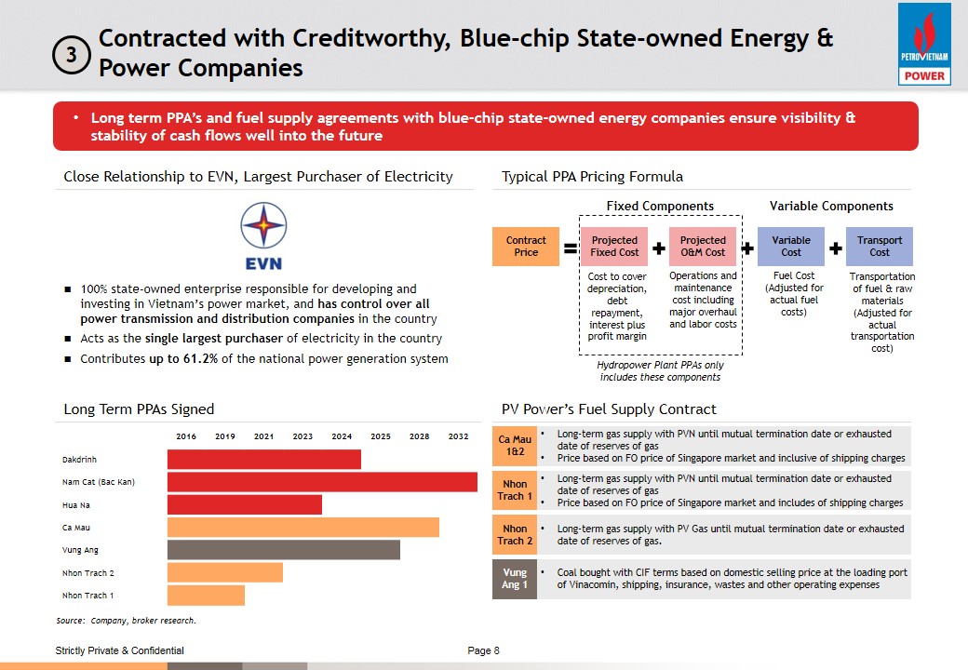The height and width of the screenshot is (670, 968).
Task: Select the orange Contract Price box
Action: pos(526,247)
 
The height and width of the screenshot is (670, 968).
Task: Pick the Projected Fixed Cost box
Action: pos(614,247)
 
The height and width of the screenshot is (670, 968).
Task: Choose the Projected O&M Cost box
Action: pos(703,247)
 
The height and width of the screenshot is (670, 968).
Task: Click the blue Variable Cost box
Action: pos(791,247)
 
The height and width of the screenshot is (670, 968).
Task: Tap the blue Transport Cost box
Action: pos(880,247)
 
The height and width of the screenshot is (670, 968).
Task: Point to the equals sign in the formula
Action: pos(570,248)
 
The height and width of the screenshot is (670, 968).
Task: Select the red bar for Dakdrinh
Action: pos(263,460)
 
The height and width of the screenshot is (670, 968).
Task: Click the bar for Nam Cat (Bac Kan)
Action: pos(322,482)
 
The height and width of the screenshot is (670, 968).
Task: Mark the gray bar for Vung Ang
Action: pos(283,550)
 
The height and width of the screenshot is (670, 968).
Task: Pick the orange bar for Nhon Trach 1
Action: pos(206,596)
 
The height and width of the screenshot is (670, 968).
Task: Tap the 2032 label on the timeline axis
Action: pos(458,436)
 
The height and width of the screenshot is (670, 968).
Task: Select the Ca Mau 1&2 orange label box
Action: pos(515,446)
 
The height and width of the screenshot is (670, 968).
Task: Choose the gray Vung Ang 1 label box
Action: pos(515,579)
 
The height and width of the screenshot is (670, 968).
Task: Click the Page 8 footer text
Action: pos(483,650)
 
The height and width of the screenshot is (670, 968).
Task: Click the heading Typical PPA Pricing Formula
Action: pos(592,177)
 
